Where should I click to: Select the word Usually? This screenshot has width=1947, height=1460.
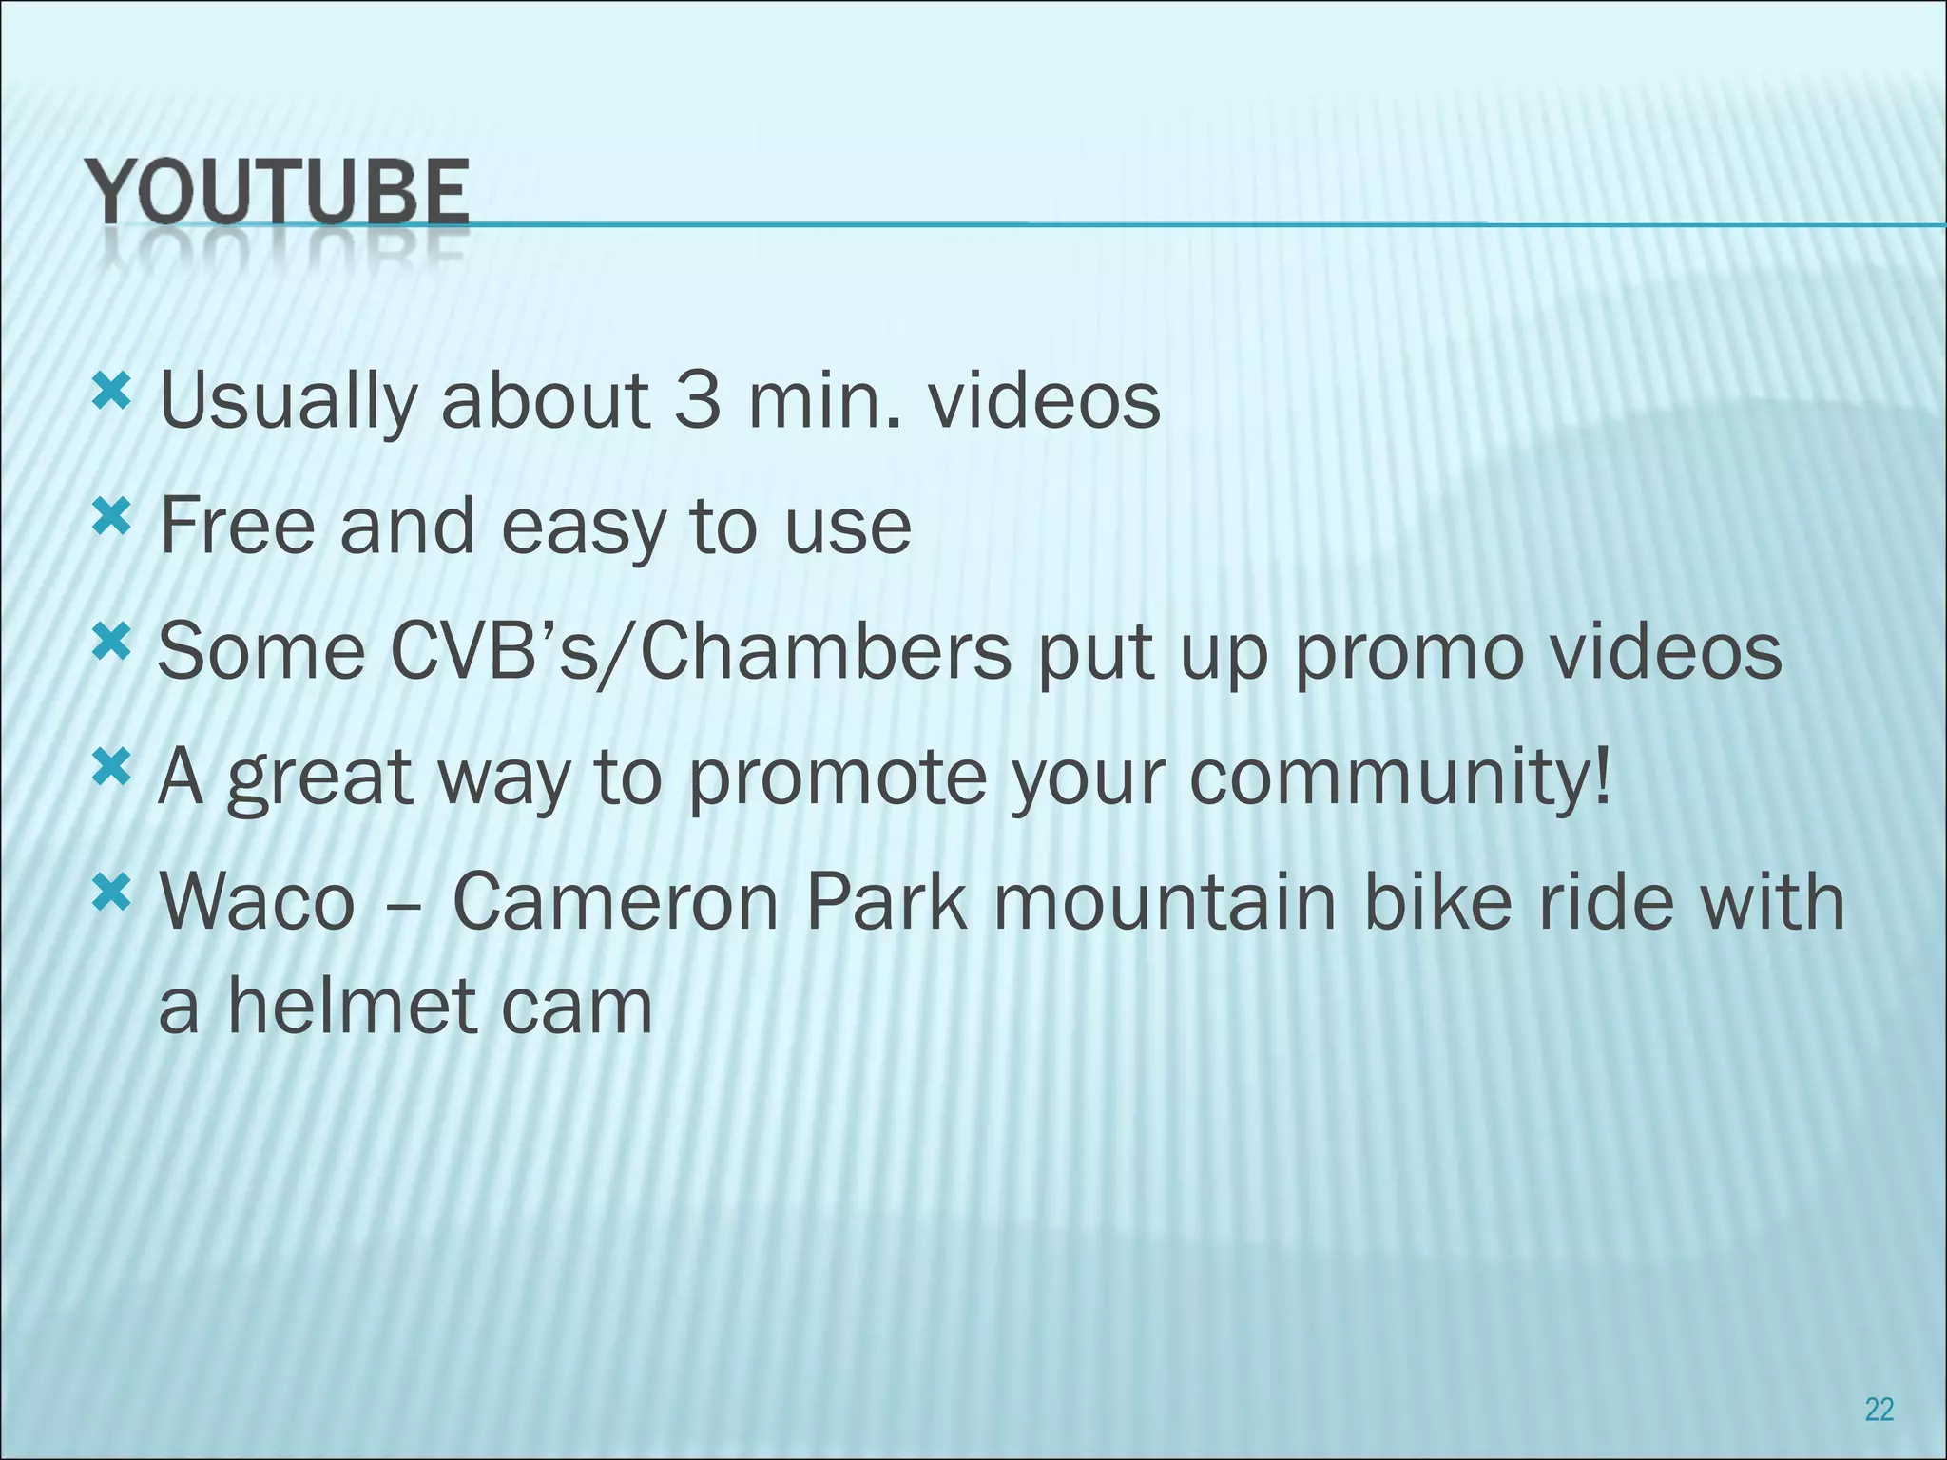click(288, 402)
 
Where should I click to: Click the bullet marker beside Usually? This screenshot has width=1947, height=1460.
click(112, 391)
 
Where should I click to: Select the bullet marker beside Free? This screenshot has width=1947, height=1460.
click(112, 516)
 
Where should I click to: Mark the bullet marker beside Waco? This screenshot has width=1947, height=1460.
click(112, 893)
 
